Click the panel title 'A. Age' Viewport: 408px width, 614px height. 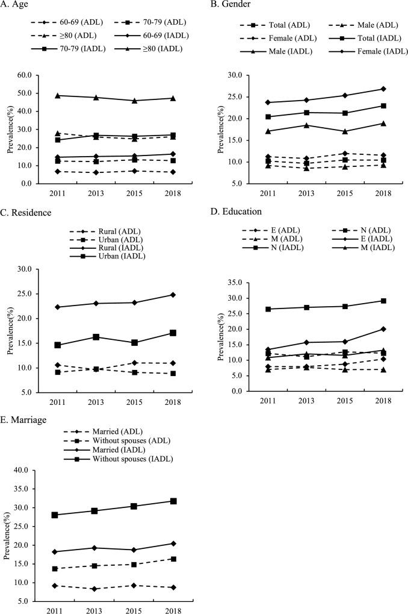click(19, 7)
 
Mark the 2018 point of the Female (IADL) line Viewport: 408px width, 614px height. click(383, 89)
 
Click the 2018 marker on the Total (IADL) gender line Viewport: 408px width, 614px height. click(383, 106)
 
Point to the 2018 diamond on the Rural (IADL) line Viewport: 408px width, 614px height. click(173, 295)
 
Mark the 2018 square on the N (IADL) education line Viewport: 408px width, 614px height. click(383, 301)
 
